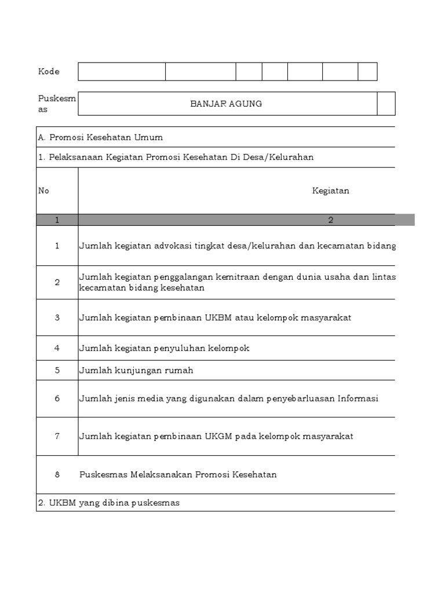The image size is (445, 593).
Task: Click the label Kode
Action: pyautogui.click(x=49, y=71)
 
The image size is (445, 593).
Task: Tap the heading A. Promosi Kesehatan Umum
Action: pyautogui.click(x=100, y=137)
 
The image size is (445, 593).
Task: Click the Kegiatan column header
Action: pyautogui.click(x=330, y=191)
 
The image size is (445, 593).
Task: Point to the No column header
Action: pyautogui.click(x=43, y=191)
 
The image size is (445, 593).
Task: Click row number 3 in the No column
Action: pyautogui.click(x=57, y=317)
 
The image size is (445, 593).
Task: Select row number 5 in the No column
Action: pyautogui.click(x=57, y=370)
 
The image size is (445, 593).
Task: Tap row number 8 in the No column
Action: pyautogui.click(x=57, y=474)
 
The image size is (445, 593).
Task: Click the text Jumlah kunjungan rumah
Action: pyautogui.click(x=136, y=370)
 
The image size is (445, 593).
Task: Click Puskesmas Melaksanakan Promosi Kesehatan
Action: pyautogui.click(x=178, y=474)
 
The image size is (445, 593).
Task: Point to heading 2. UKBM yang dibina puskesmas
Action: pyautogui.click(x=109, y=503)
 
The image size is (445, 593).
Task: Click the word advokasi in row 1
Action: pyautogui.click(x=173, y=246)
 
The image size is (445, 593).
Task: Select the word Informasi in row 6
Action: pyautogui.click(x=359, y=398)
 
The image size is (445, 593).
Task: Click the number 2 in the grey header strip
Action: pyautogui.click(x=330, y=220)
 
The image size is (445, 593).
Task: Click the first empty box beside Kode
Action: pyautogui.click(x=122, y=71)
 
